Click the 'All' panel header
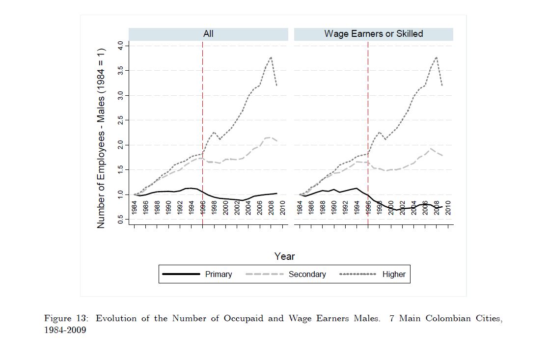tap(208, 34)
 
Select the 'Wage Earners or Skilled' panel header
tap(373, 34)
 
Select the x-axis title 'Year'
tap(284, 256)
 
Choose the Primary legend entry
tap(218, 274)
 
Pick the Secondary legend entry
tap(307, 274)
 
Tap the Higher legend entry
tap(394, 274)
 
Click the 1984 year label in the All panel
tap(135, 208)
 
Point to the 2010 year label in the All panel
tap(282, 208)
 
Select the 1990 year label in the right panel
tap(334, 208)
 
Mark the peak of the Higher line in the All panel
tap(271, 57)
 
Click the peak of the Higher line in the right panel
tap(436, 57)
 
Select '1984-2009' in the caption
tap(65, 330)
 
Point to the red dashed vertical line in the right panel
tap(368, 123)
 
